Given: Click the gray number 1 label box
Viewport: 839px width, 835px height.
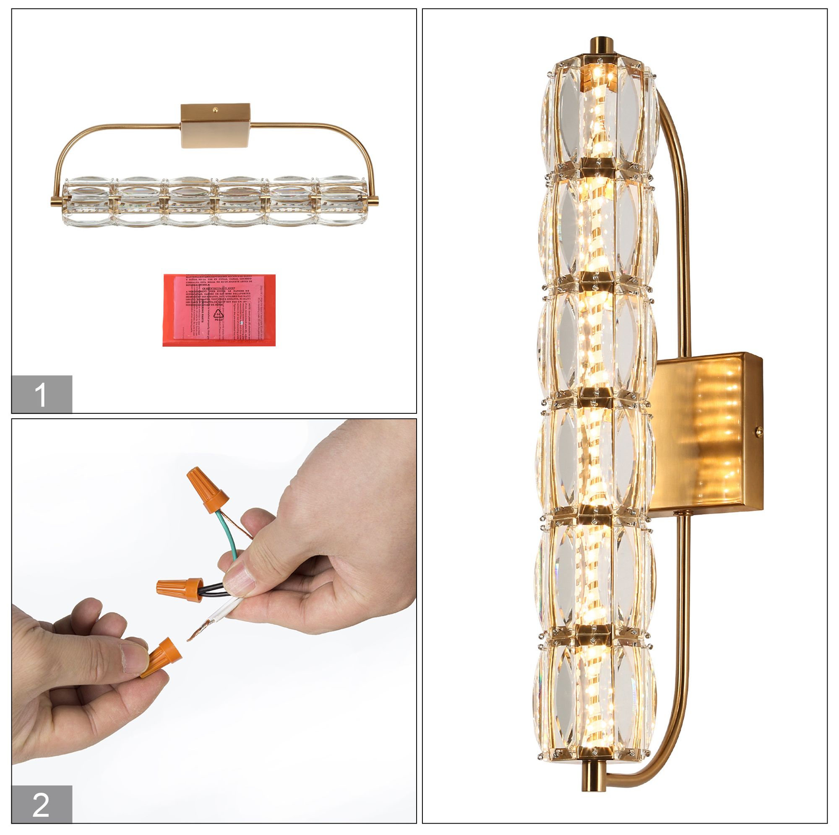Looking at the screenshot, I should coord(42,394).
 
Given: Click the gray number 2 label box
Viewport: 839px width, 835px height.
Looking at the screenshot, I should coord(42,804).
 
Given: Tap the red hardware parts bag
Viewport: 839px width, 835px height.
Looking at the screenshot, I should coord(219,310).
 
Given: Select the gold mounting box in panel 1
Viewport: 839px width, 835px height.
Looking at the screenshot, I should coord(216,125).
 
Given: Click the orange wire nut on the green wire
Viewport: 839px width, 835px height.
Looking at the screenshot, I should coord(207,486).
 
